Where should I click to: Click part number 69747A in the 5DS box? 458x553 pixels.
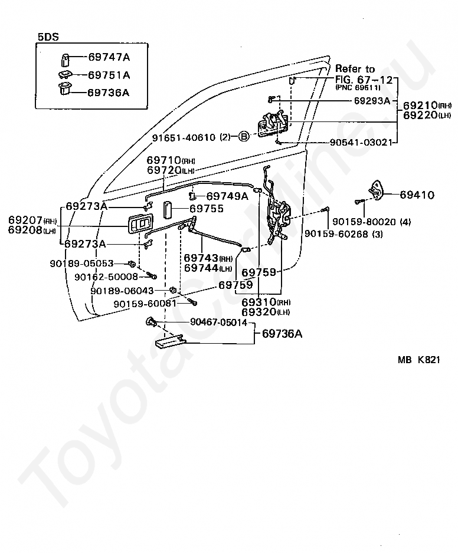click(109, 57)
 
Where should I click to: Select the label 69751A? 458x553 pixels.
click(109, 75)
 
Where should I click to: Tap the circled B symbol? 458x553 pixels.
click(244, 136)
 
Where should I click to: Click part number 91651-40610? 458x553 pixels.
click(184, 137)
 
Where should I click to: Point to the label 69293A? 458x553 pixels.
click(372, 101)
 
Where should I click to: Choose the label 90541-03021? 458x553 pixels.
click(361, 142)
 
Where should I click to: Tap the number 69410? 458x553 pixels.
click(417, 195)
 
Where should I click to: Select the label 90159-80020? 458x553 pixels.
click(364, 222)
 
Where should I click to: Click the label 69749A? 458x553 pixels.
click(227, 196)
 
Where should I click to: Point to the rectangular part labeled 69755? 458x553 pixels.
click(167, 210)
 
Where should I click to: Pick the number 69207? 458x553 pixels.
click(25, 220)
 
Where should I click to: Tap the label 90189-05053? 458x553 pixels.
click(81, 263)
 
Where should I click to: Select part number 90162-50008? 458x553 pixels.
click(106, 277)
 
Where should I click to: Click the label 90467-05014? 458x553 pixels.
click(218, 322)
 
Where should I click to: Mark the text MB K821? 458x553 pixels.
click(419, 360)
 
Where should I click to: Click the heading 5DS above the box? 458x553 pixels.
click(48, 37)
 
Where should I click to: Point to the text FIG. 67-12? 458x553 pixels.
click(364, 80)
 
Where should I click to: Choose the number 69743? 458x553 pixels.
click(201, 258)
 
